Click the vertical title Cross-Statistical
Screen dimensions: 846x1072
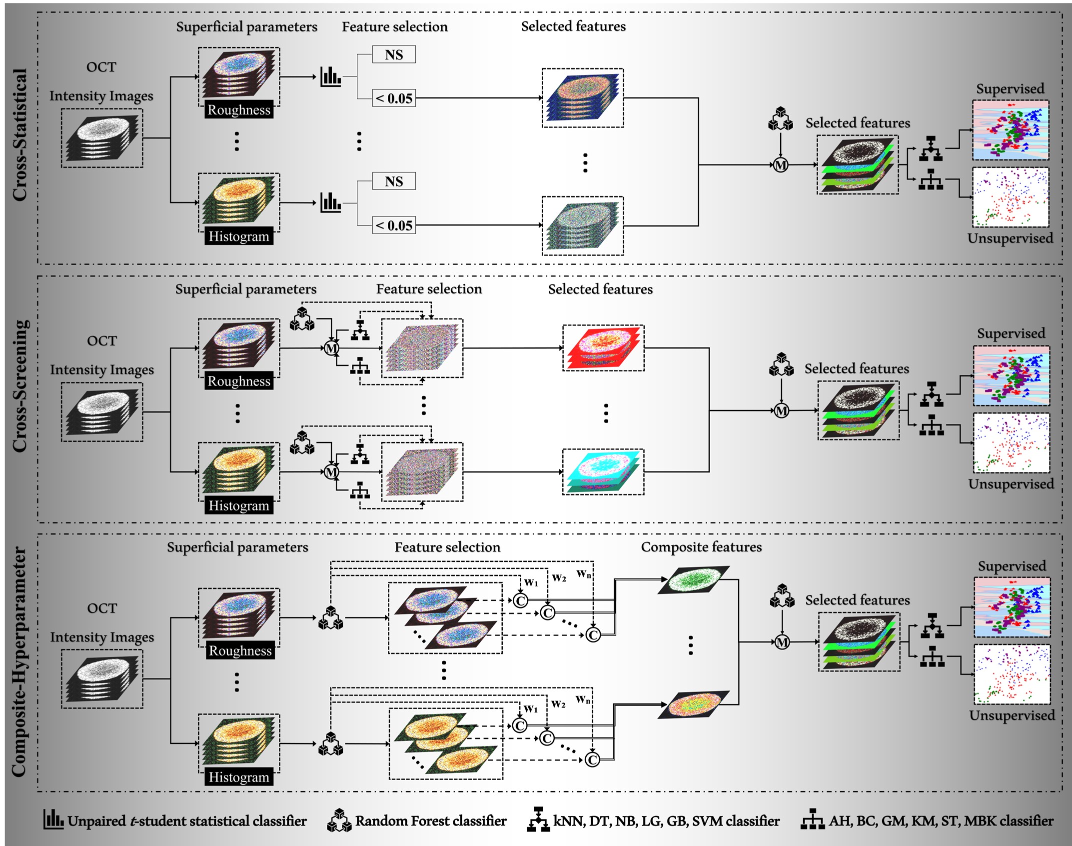20,135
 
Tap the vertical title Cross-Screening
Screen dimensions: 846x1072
20,386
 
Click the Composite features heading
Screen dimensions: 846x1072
701,547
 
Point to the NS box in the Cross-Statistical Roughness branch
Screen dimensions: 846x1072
394,54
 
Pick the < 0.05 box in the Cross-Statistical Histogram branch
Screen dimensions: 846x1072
394,225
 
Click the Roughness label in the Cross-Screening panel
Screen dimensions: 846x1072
239,381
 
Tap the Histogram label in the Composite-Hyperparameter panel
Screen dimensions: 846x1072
239,777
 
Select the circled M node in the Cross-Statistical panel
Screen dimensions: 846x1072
781,164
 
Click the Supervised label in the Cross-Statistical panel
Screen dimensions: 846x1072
1010,89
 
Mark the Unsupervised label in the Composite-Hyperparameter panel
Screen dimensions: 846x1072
1012,715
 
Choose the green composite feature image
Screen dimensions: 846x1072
694,580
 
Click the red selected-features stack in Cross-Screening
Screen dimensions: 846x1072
603,348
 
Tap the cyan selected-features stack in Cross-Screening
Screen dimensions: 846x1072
603,472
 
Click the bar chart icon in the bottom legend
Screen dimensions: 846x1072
53,820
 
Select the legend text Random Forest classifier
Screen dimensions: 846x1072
431,821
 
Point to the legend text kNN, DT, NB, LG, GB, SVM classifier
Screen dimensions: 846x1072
666,821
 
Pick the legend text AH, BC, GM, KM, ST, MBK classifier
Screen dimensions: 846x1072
941,821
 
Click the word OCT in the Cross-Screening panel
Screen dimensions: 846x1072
102,341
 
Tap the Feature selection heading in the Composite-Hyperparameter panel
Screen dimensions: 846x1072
447,547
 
